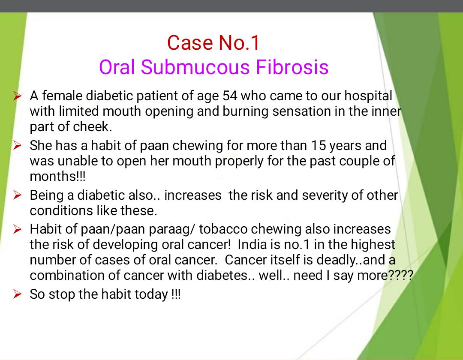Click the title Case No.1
coord(213,43)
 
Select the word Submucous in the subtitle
coord(195,67)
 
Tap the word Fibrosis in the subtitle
coord(292,67)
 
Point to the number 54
coord(230,96)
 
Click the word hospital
coord(368,96)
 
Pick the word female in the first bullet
coord(62,96)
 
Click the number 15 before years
coord(318,145)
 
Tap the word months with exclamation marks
coord(57,176)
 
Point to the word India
coord(250,244)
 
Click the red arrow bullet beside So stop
coord(17,294)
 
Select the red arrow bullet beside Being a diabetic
coord(17,195)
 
